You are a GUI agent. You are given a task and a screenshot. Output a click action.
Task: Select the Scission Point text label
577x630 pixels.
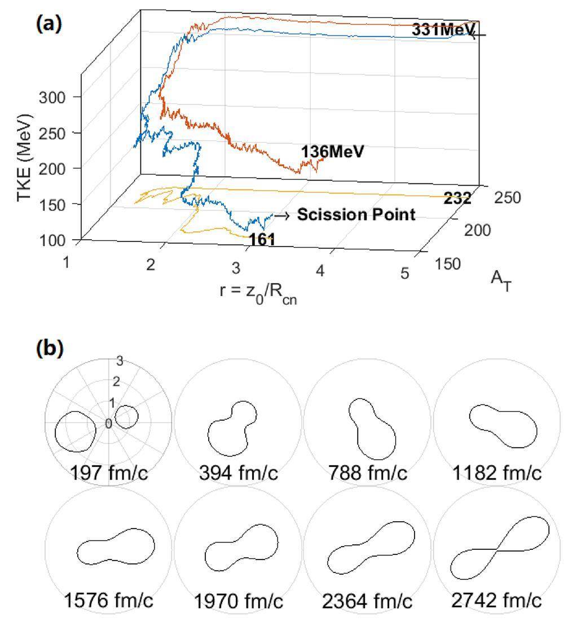click(x=356, y=215)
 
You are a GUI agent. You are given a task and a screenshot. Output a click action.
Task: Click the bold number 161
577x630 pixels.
click(x=262, y=240)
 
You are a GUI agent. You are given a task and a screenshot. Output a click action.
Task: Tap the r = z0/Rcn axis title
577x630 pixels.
click(x=259, y=293)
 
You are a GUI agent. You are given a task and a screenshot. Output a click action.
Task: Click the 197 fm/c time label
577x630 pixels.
click(x=109, y=473)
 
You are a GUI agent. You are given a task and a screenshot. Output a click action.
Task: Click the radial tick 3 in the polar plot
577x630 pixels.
click(x=119, y=361)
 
